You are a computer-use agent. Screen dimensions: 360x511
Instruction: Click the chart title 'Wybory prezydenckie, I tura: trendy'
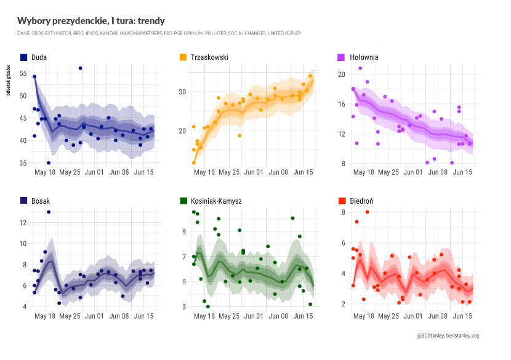(91, 21)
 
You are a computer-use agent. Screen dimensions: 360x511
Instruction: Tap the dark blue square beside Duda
(23, 57)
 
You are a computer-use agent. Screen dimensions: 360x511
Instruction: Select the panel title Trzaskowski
(210, 57)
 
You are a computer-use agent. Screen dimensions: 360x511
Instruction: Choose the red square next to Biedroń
(341, 201)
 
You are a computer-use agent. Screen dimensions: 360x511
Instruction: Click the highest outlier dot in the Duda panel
(81, 68)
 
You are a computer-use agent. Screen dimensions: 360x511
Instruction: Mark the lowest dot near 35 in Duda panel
(49, 162)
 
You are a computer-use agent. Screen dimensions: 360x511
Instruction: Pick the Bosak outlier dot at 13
(49, 212)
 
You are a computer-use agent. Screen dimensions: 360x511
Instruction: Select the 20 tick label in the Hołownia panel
(339, 74)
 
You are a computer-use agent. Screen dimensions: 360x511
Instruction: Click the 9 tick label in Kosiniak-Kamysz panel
(183, 231)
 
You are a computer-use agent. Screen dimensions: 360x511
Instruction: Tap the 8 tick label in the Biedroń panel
(341, 212)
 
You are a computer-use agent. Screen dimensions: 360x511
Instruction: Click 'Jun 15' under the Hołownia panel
(462, 172)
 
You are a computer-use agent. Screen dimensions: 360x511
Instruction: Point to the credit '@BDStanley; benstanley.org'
(448, 335)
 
